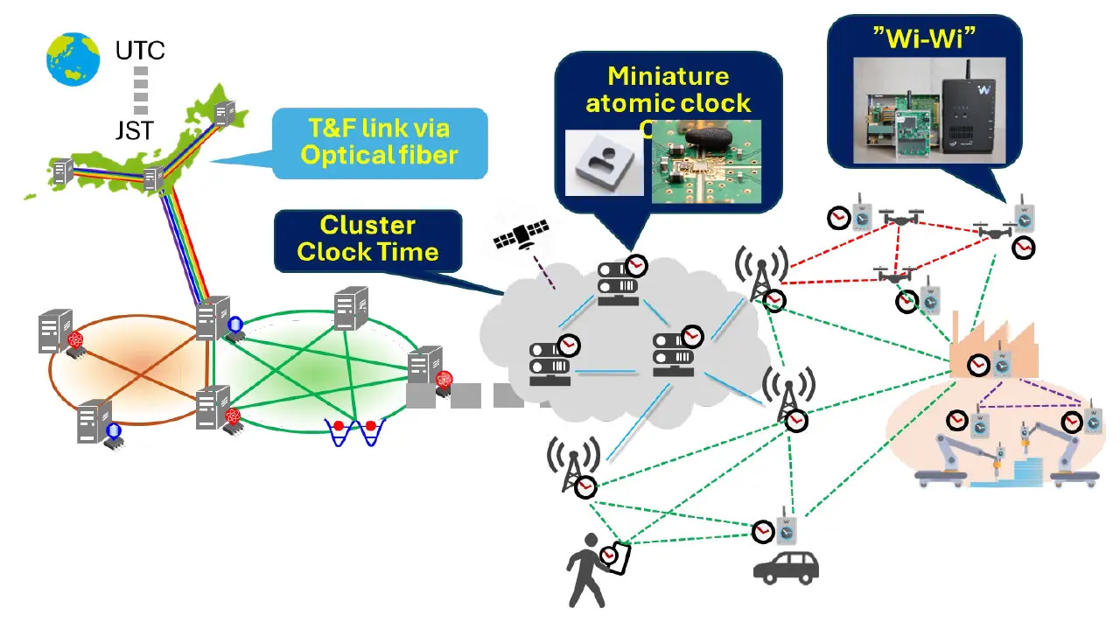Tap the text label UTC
point(140,52)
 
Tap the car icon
point(787,567)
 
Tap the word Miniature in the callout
point(668,75)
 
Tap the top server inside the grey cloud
point(615,280)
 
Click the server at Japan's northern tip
point(226,113)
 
